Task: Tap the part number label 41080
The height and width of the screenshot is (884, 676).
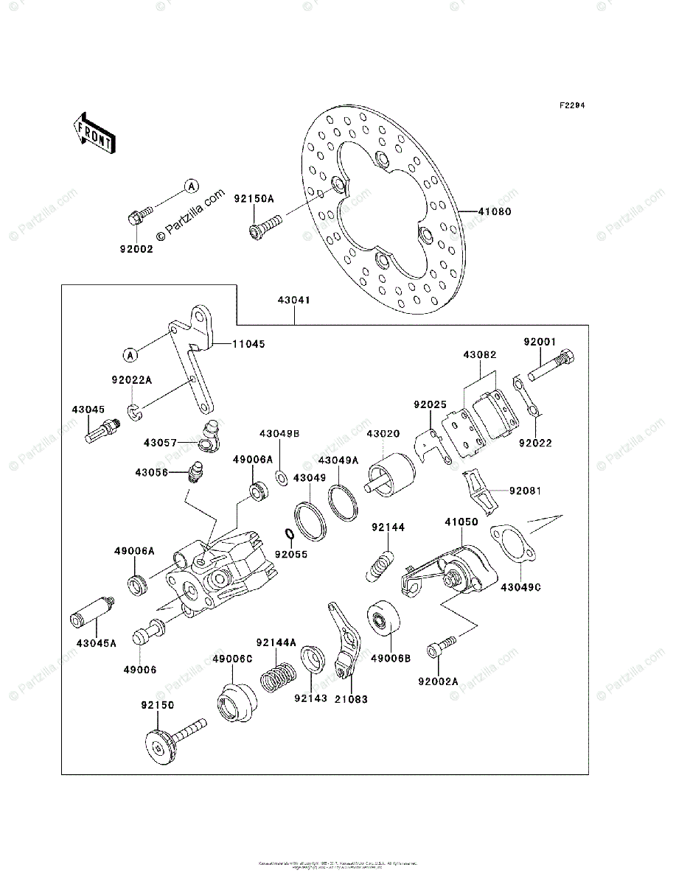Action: tap(493, 211)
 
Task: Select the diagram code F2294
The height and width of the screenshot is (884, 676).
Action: tap(571, 106)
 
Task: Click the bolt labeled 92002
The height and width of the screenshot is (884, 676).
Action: tap(138, 217)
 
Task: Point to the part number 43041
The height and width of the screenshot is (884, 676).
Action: tap(294, 301)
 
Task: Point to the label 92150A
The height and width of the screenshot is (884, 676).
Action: tap(254, 199)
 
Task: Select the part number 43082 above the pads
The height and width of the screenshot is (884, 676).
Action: tap(480, 355)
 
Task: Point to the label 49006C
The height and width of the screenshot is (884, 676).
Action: tap(233, 658)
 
